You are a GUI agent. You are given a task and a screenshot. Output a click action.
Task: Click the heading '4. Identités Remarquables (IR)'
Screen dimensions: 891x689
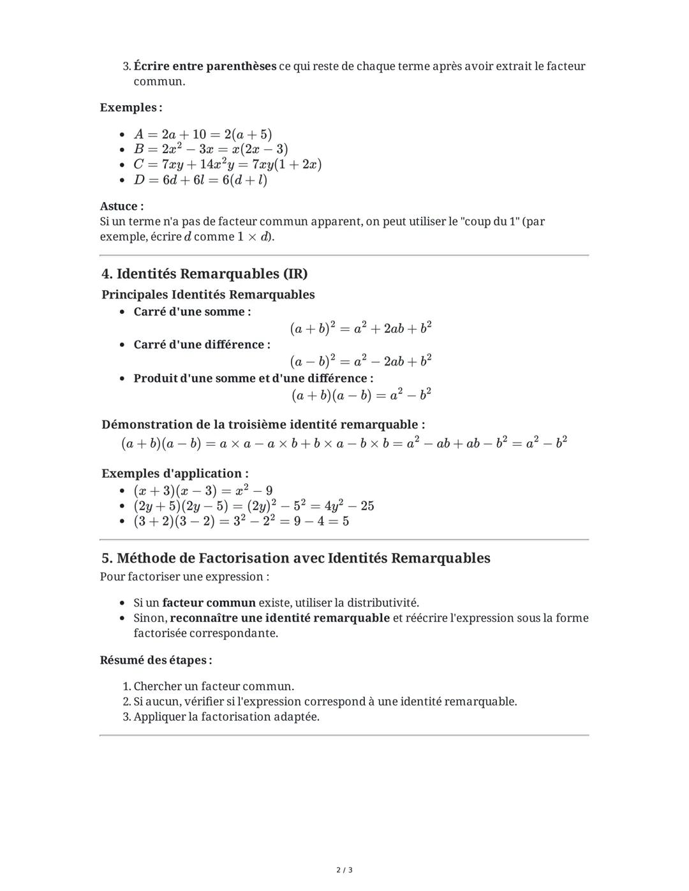204,274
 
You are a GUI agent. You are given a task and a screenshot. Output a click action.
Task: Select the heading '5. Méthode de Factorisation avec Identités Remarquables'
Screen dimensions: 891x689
295,558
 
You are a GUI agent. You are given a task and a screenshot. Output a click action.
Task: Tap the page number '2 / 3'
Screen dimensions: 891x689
344,870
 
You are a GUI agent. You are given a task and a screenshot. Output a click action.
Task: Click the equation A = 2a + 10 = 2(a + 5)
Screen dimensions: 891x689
202,134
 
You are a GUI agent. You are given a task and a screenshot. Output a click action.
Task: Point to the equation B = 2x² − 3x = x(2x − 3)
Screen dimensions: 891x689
211,149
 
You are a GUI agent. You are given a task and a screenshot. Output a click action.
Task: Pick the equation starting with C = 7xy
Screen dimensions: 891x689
227,165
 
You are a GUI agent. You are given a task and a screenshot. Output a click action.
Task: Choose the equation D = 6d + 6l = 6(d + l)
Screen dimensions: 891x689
200,180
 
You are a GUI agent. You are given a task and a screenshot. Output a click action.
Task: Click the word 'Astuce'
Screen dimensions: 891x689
121,206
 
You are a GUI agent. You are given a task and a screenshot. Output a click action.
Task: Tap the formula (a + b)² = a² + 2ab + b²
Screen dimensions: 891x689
360,328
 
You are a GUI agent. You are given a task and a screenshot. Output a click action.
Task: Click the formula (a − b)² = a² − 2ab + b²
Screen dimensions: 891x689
360,361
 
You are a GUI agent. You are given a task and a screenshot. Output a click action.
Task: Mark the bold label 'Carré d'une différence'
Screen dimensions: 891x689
201,344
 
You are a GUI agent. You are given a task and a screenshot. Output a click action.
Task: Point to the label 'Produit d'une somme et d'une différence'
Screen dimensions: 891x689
253,378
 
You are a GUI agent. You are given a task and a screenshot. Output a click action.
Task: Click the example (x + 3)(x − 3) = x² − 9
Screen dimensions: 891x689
203,490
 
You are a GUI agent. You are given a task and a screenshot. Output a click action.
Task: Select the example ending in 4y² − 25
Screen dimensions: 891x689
253,506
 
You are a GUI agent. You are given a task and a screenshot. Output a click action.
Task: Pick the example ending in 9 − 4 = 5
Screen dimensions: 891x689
241,521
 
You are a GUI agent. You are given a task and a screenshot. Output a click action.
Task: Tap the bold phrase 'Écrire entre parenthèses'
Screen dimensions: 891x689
205,66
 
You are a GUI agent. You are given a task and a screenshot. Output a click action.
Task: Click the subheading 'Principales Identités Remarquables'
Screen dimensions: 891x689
208,295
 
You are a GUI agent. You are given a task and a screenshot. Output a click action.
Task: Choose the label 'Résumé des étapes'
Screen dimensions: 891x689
155,659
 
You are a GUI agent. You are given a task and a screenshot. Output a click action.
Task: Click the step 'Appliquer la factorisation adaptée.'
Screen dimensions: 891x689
226,716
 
